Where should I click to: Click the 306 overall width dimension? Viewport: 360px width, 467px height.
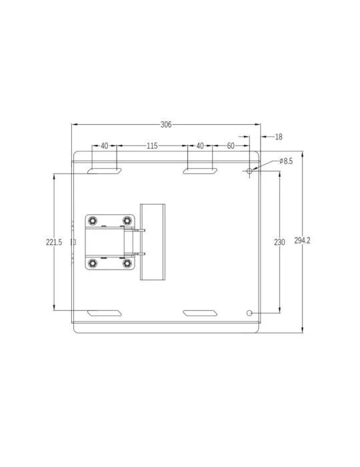click(166, 125)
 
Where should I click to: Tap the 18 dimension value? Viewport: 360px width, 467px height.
click(279, 137)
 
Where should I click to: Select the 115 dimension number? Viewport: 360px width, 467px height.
click(152, 146)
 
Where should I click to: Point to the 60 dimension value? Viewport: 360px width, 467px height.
click(231, 146)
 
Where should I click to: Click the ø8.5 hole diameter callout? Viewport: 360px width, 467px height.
click(286, 161)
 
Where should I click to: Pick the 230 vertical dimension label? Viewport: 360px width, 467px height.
click(279, 242)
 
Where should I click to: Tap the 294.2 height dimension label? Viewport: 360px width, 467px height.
click(302, 240)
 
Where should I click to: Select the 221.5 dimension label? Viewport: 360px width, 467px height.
click(54, 242)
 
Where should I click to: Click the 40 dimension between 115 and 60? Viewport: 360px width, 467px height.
click(200, 146)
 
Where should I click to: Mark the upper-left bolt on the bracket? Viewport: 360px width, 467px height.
click(93, 221)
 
